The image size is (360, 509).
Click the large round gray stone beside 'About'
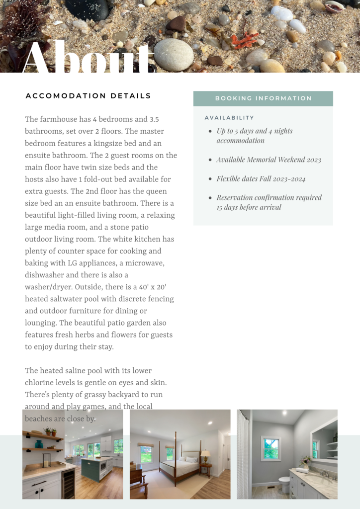(174, 54)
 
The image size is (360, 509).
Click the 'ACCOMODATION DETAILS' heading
(88, 96)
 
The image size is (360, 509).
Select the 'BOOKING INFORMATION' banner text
(263, 98)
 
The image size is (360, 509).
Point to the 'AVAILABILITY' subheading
(229, 118)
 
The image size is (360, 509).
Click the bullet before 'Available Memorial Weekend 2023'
(210, 160)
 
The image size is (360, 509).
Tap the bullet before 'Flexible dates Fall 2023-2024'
(210, 179)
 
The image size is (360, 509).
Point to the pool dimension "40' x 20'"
(156, 287)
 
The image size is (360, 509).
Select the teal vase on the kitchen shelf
(39, 443)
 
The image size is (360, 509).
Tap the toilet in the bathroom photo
(284, 484)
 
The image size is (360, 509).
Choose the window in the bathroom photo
(270, 448)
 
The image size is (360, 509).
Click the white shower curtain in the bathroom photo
(244, 455)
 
